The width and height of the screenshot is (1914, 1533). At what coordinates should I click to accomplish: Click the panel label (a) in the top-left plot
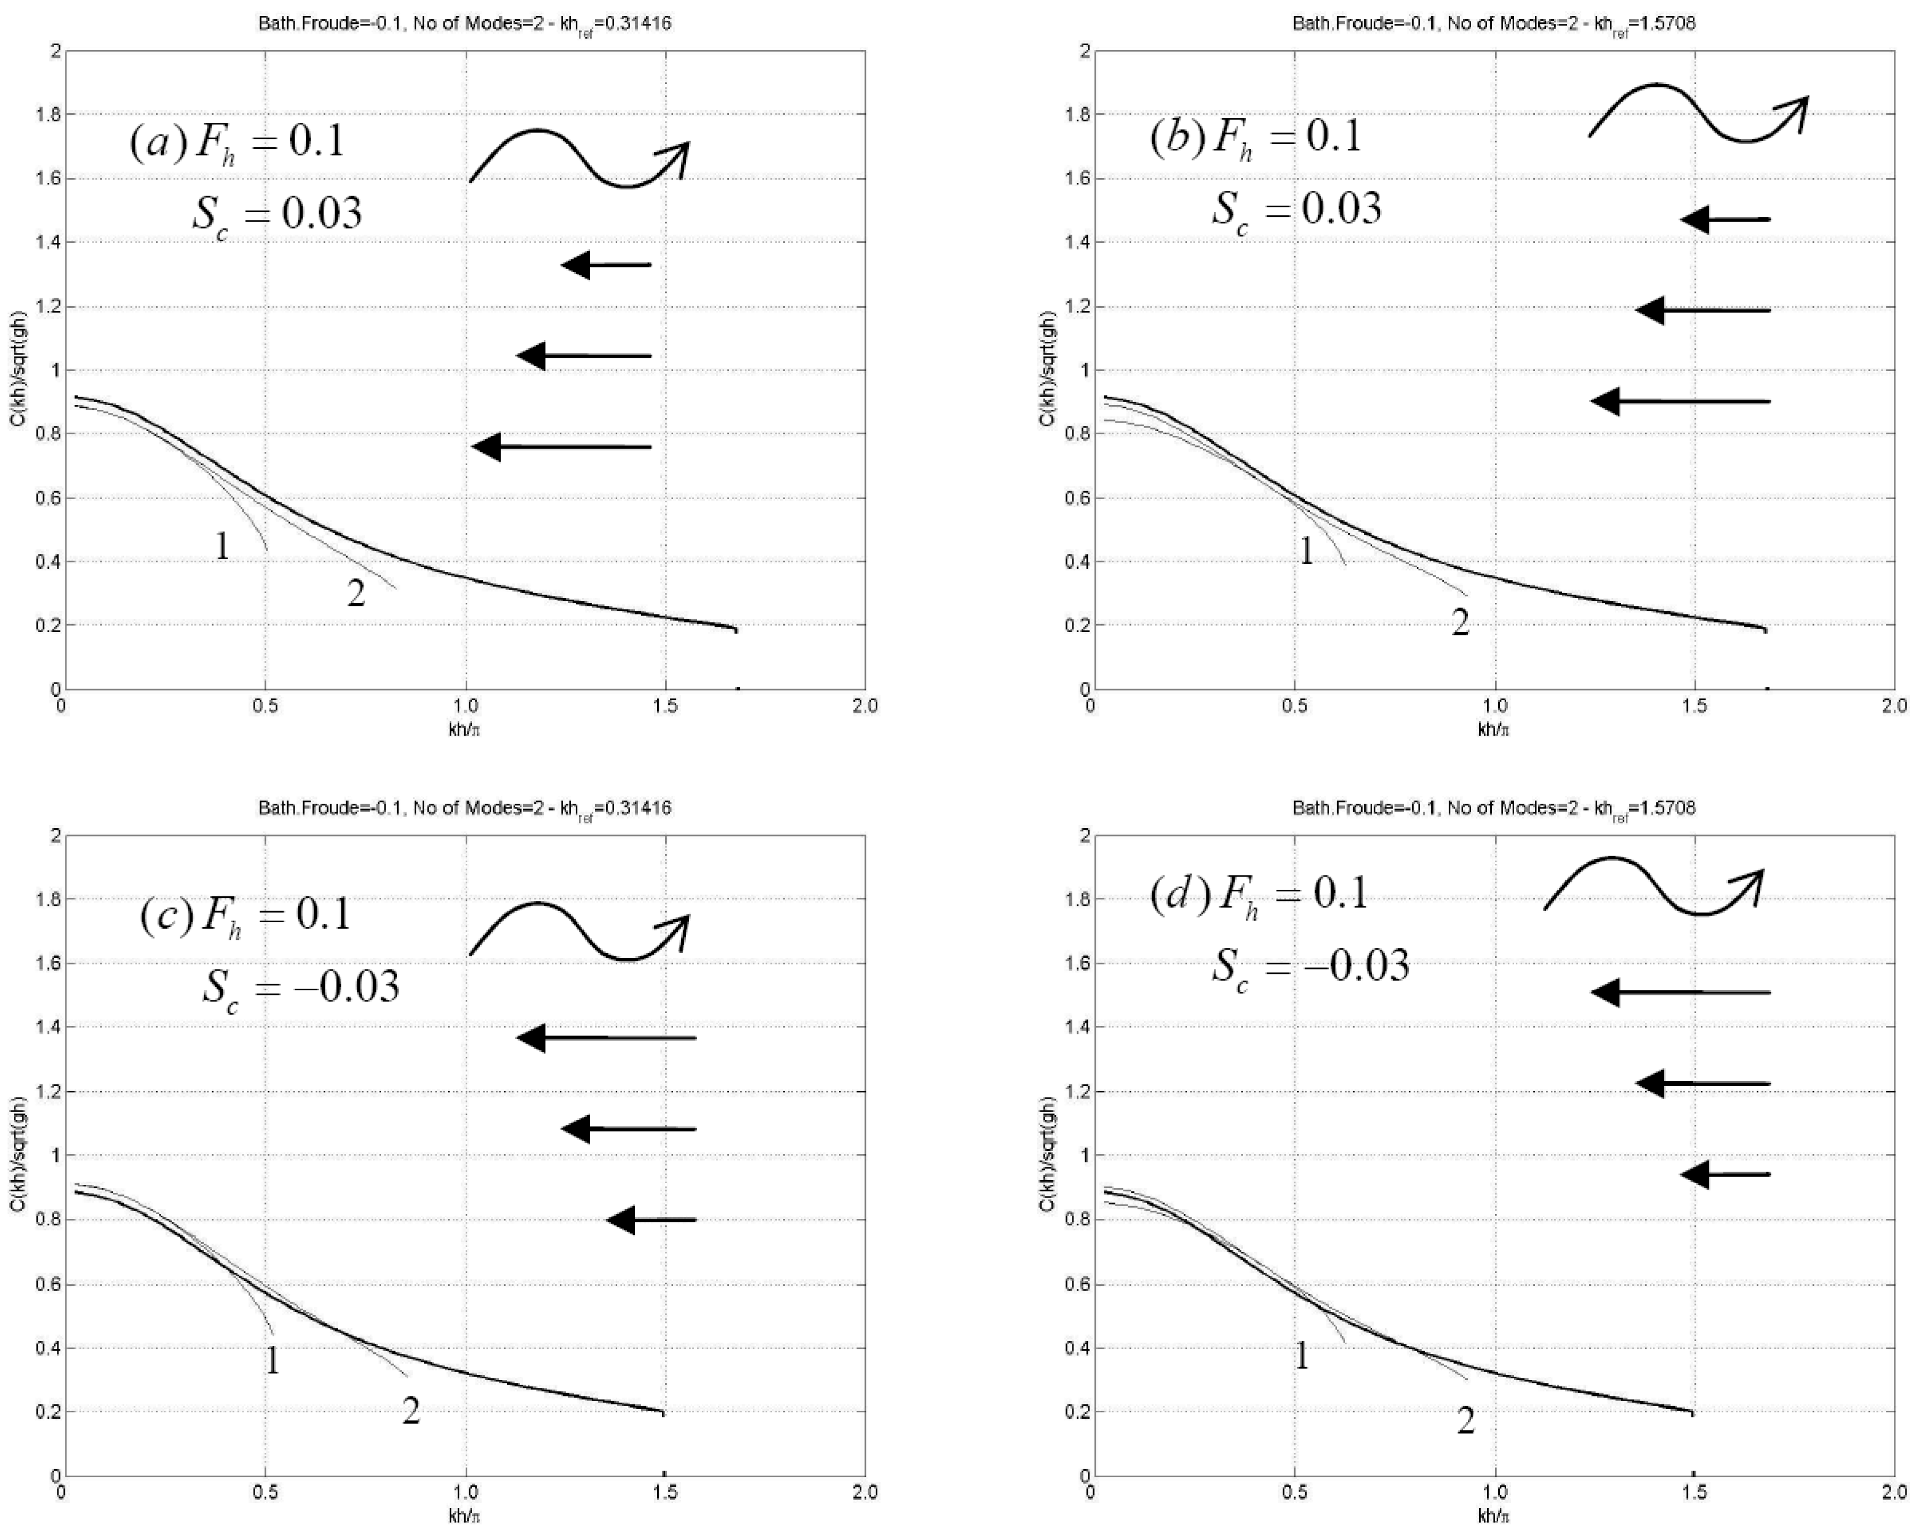pyautogui.click(x=158, y=142)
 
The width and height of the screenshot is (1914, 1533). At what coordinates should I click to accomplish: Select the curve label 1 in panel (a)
pyautogui.click(x=222, y=546)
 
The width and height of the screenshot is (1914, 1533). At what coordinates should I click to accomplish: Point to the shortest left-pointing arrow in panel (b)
pyautogui.click(x=1725, y=219)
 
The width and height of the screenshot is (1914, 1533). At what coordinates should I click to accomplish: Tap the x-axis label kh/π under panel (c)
pyautogui.click(x=464, y=1515)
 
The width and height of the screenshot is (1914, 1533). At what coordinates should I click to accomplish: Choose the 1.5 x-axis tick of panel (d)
pyautogui.click(x=1694, y=1492)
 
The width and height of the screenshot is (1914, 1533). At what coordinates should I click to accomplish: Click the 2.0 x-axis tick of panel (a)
pyautogui.click(x=864, y=706)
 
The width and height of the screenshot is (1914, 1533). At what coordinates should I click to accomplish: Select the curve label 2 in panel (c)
pyautogui.click(x=410, y=1411)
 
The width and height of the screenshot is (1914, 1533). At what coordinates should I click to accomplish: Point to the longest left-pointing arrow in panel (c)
pyautogui.click(x=606, y=1038)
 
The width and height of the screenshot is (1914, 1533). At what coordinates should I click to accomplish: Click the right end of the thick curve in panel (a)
pyautogui.click(x=735, y=628)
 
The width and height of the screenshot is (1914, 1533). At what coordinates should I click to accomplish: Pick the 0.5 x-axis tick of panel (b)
pyautogui.click(x=1295, y=706)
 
